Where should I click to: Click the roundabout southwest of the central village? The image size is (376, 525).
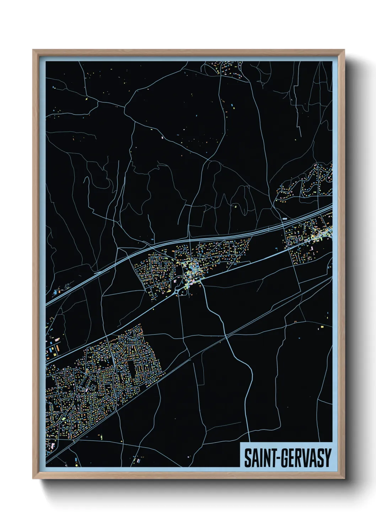[x=177, y=292]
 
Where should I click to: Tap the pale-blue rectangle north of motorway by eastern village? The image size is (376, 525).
[x=284, y=219]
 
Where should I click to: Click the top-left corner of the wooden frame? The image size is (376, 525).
[x=33, y=50]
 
